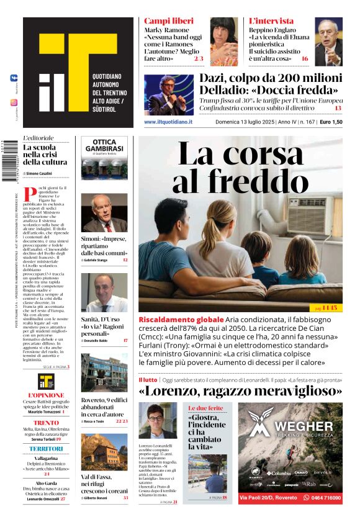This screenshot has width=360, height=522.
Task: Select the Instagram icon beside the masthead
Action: click(x=14, y=102)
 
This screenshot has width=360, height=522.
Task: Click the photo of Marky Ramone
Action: click(x=223, y=41)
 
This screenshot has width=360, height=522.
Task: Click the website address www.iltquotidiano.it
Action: click(x=168, y=122)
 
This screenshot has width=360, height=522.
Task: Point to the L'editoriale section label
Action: click(x=38, y=138)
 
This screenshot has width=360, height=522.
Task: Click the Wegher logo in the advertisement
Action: click(x=294, y=429)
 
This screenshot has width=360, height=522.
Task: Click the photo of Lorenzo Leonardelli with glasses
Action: click(x=157, y=421)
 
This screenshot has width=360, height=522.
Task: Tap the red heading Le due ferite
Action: click(x=205, y=408)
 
